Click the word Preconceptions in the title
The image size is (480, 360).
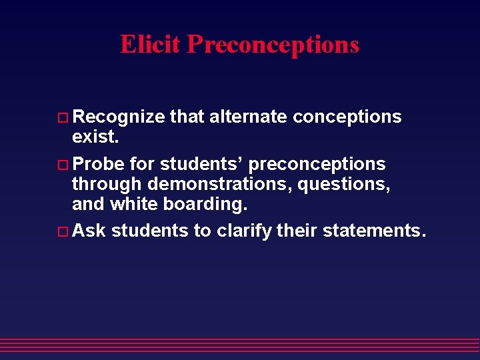[x=273, y=45]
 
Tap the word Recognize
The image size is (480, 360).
[x=118, y=117]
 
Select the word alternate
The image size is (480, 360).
[x=248, y=117]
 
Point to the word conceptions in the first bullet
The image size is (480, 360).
[x=347, y=117]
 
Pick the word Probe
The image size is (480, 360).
[x=98, y=164]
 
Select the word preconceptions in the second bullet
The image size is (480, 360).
[x=317, y=165]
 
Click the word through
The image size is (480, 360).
[x=107, y=184]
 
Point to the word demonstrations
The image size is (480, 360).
[x=219, y=184]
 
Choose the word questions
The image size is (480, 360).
[x=344, y=184]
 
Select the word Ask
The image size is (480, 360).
[x=89, y=231]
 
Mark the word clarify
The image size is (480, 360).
[x=245, y=231]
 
